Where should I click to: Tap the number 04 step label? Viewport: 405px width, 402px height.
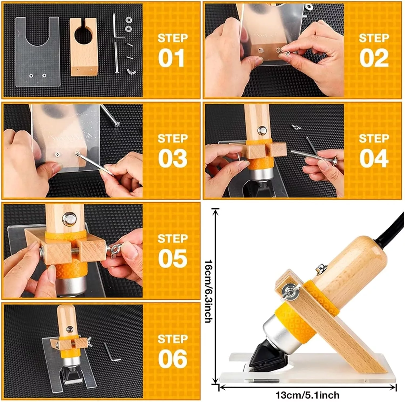click(374, 159)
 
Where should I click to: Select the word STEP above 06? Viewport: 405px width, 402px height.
click(173, 339)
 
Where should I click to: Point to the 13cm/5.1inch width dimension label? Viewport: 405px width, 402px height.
click(307, 395)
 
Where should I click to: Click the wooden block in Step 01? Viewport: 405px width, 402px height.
click(83, 47)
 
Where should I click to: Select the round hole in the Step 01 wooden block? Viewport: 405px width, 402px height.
click(83, 35)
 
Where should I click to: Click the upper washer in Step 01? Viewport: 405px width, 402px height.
click(129, 20)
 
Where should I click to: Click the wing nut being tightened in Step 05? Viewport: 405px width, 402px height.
click(116, 249)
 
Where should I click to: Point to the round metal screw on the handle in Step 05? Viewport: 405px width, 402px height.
click(69, 218)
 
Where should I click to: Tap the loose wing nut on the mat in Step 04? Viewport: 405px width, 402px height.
click(296, 126)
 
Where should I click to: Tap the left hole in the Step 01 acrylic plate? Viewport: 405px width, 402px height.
click(31, 76)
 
